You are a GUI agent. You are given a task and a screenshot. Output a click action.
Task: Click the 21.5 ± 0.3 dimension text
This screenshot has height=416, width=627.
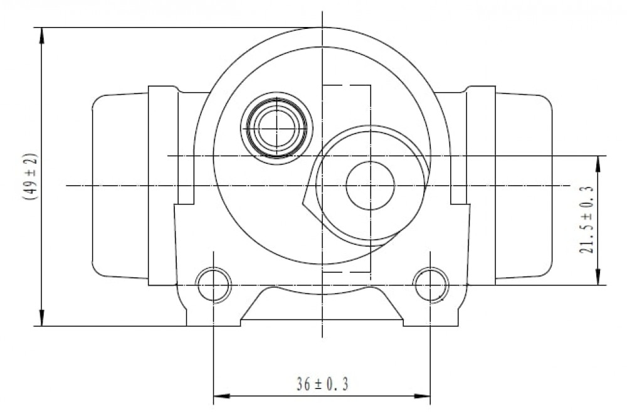click(586, 220)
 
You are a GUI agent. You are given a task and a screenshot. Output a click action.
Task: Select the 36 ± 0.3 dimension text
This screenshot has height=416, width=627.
click(322, 384)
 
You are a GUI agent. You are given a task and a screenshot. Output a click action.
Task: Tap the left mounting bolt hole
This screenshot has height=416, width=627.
click(214, 285)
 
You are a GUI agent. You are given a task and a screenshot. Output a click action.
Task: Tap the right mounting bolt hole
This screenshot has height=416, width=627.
click(431, 285)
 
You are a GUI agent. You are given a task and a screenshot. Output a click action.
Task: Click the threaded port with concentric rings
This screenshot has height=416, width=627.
click(277, 127)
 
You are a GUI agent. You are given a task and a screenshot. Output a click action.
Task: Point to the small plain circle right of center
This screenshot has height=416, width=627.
click(371, 186)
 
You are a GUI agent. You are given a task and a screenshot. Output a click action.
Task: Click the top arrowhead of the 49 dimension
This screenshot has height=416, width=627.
click(41, 36)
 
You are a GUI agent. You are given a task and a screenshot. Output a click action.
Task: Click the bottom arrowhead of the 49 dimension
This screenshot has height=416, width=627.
click(41, 317)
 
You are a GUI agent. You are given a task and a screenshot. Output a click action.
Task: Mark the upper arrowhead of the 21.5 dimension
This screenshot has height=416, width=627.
click(598, 164)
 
